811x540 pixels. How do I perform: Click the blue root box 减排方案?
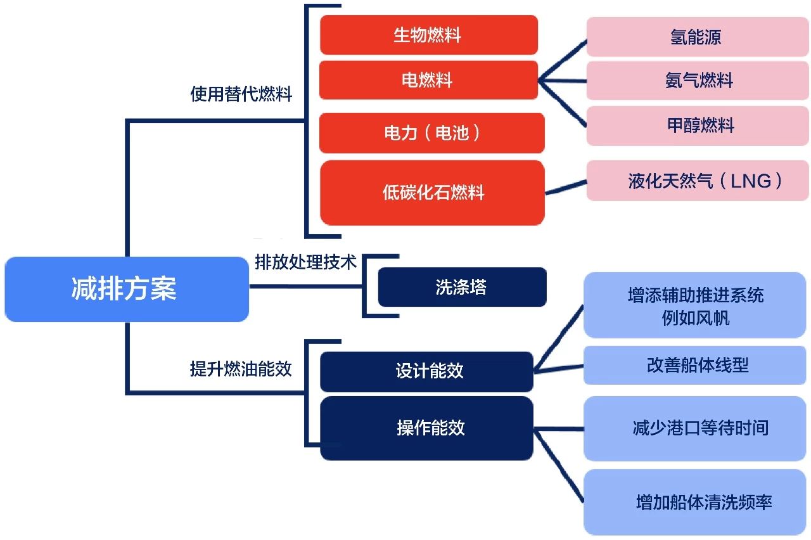(127, 289)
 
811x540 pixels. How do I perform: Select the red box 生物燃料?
(429, 35)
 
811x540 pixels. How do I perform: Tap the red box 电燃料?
(428, 80)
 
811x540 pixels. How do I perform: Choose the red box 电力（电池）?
(432, 133)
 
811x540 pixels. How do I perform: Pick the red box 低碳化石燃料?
(432, 193)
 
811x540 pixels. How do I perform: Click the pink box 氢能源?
(698, 37)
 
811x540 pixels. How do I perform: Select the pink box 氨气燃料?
(698, 80)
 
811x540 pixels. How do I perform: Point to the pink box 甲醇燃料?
(698, 125)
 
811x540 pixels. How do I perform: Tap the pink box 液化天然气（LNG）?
(698, 181)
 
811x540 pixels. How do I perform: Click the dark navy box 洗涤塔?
(462, 287)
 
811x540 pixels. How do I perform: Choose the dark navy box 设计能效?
(426, 371)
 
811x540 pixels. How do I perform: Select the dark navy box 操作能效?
(426, 428)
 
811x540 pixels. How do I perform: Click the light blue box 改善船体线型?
(694, 365)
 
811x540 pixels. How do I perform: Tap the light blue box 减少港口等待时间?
(694, 428)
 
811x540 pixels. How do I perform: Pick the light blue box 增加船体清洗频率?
(694, 502)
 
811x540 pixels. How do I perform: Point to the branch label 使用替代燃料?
(241, 94)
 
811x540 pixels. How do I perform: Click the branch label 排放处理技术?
(306, 262)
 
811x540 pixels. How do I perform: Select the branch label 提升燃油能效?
(241, 369)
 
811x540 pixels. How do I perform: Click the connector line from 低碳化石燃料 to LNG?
(566, 187)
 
